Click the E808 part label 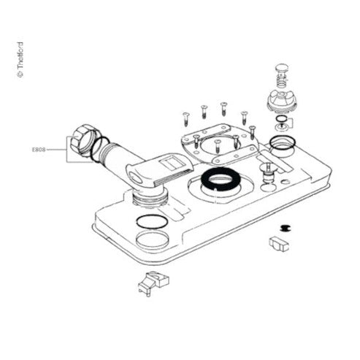coord(39,150)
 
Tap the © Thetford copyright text coord(20,60)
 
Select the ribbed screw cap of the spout coord(82,140)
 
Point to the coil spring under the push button coord(282,80)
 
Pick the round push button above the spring coord(282,69)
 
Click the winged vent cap coord(282,101)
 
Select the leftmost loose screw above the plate coord(186,119)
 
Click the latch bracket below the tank coord(153,283)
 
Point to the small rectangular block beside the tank coord(279,244)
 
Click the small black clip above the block coord(283,228)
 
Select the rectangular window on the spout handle coord(172,163)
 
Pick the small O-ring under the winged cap coord(281,119)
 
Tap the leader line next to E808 coord(56,150)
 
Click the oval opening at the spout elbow coord(136,178)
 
